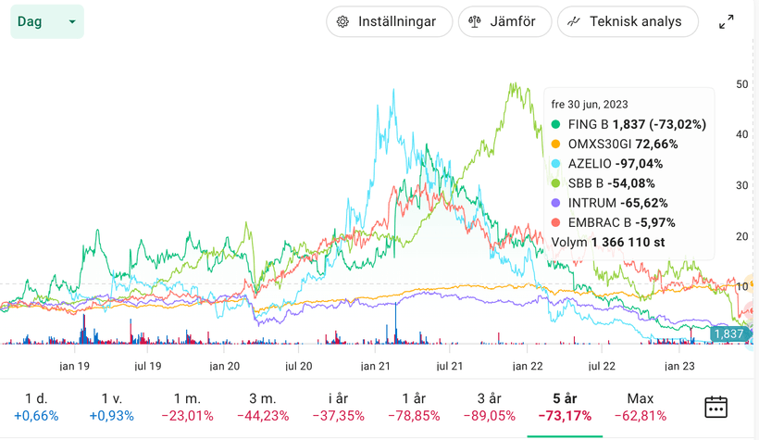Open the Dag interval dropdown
coord(46,21)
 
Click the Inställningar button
coord(389,21)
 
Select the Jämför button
coord(504,21)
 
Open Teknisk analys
coord(627,21)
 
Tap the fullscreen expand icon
coord(727,21)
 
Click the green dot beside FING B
coord(555,124)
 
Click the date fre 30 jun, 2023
coord(590,104)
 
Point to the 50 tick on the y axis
coord(741,84)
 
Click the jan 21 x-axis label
coord(375,367)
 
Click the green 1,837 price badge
coord(729,333)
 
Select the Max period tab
coord(641,406)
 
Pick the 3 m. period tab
coord(262,406)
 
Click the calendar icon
coord(715,406)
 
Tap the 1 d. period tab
coord(35,406)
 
